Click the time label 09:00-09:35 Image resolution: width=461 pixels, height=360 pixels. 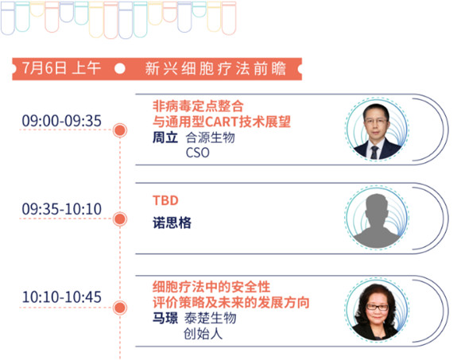pyautogui.click(x=62, y=121)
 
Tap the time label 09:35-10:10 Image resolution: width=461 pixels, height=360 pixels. pyautogui.click(x=62, y=209)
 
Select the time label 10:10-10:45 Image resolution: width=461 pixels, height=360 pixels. pyautogui.click(x=62, y=296)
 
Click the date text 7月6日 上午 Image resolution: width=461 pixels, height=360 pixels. pyautogui.click(x=61, y=68)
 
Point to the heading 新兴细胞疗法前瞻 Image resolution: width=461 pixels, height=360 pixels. pyautogui.click(x=215, y=68)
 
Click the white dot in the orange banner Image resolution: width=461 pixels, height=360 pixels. pyautogui.click(x=120, y=68)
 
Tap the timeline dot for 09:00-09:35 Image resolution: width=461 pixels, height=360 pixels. pyautogui.click(x=120, y=130)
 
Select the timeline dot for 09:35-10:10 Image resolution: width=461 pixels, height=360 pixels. pyautogui.click(x=120, y=219)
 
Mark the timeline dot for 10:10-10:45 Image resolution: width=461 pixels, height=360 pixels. pyautogui.click(x=120, y=308)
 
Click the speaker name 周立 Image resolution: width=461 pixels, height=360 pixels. pyautogui.click(x=165, y=137)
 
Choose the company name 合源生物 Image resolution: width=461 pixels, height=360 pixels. pyautogui.click(x=210, y=137)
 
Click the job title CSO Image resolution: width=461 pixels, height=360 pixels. pyautogui.click(x=198, y=153)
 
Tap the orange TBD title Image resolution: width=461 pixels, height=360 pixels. pyautogui.click(x=165, y=201)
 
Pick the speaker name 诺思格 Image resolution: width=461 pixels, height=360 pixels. pyautogui.click(x=172, y=223)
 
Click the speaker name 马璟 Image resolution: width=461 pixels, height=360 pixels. pyautogui.click(x=165, y=318)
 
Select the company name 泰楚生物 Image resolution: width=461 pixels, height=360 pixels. pyautogui.click(x=210, y=318)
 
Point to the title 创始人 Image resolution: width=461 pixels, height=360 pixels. pyautogui.click(x=203, y=334)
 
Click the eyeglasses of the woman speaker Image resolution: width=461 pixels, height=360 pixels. pyautogui.click(x=378, y=308)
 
